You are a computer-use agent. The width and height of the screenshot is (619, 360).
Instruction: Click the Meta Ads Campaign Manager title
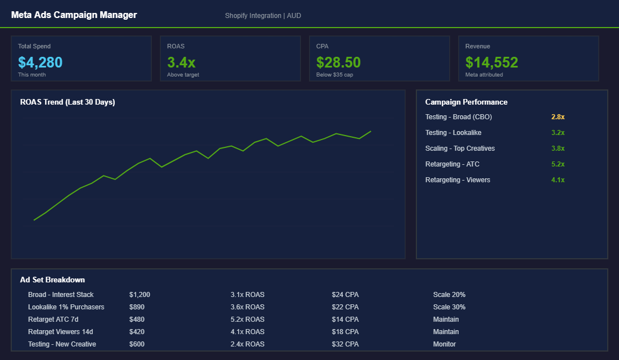(74, 15)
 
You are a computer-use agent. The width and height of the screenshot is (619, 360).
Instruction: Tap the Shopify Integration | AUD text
(263, 16)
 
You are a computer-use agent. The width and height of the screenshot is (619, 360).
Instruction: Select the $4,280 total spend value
(40, 62)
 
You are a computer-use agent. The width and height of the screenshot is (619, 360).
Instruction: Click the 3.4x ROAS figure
(181, 62)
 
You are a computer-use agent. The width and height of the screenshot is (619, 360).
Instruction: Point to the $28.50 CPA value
(338, 62)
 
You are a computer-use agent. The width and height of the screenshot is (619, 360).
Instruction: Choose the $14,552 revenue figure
(491, 62)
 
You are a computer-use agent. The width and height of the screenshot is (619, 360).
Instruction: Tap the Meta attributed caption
(484, 75)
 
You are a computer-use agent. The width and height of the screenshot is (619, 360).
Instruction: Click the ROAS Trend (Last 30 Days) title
(68, 102)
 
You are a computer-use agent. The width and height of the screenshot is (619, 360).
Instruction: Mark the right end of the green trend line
(371, 131)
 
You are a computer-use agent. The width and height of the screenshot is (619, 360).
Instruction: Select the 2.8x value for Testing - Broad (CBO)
(558, 117)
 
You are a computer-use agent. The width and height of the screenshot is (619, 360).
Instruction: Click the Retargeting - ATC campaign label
(452, 164)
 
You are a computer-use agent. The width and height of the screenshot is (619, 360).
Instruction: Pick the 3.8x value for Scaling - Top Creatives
(558, 148)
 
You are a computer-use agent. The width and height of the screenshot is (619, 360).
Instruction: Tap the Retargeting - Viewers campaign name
(457, 180)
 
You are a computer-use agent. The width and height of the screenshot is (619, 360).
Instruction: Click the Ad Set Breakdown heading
(52, 280)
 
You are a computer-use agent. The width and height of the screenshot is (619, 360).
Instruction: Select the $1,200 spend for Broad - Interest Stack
(140, 295)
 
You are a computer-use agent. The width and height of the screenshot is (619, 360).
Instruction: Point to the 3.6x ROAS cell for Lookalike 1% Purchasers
(247, 307)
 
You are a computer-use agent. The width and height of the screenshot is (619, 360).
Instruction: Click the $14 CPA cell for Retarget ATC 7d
(345, 319)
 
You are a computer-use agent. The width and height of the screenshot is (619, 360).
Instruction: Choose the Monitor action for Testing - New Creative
(445, 344)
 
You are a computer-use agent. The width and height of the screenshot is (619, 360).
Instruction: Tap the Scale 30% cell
(449, 307)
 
